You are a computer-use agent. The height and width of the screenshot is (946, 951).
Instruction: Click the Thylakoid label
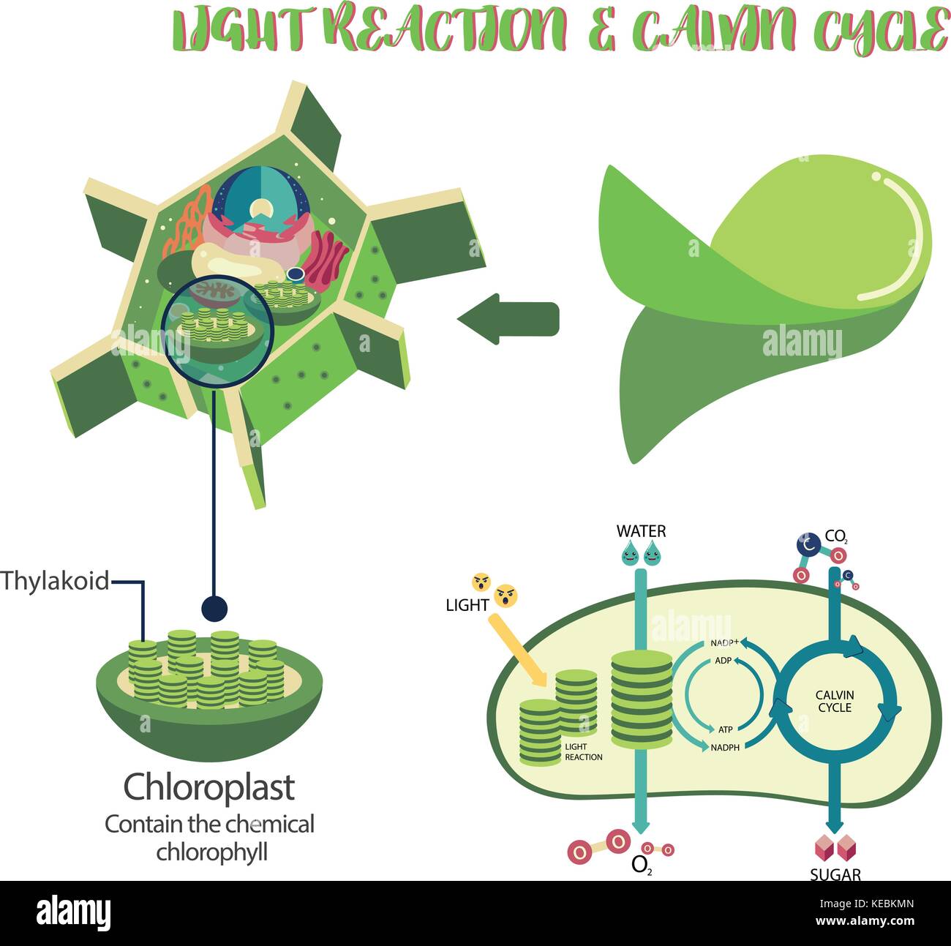tap(55, 582)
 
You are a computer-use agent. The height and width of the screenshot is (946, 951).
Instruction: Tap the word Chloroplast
tap(209, 787)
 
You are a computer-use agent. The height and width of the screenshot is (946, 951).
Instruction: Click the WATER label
tap(641, 531)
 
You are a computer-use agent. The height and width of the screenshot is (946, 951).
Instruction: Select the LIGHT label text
tap(467, 605)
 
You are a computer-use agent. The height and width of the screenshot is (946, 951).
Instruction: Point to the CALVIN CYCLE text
tap(835, 702)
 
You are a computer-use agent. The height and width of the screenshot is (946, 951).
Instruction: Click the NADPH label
tap(725, 748)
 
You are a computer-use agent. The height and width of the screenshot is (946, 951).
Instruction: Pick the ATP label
tap(725, 729)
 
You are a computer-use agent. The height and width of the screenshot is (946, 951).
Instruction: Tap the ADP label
tap(723, 661)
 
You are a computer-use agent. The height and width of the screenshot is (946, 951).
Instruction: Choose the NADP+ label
tap(724, 643)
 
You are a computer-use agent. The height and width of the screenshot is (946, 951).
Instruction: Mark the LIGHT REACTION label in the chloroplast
tap(583, 752)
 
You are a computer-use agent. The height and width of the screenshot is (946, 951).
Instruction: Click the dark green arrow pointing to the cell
tap(508, 319)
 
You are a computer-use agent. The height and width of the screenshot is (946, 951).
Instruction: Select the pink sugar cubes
tap(835, 848)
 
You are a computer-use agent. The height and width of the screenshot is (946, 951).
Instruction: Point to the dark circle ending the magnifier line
tap(214, 607)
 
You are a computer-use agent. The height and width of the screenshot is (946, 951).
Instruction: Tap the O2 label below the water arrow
tap(640, 866)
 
